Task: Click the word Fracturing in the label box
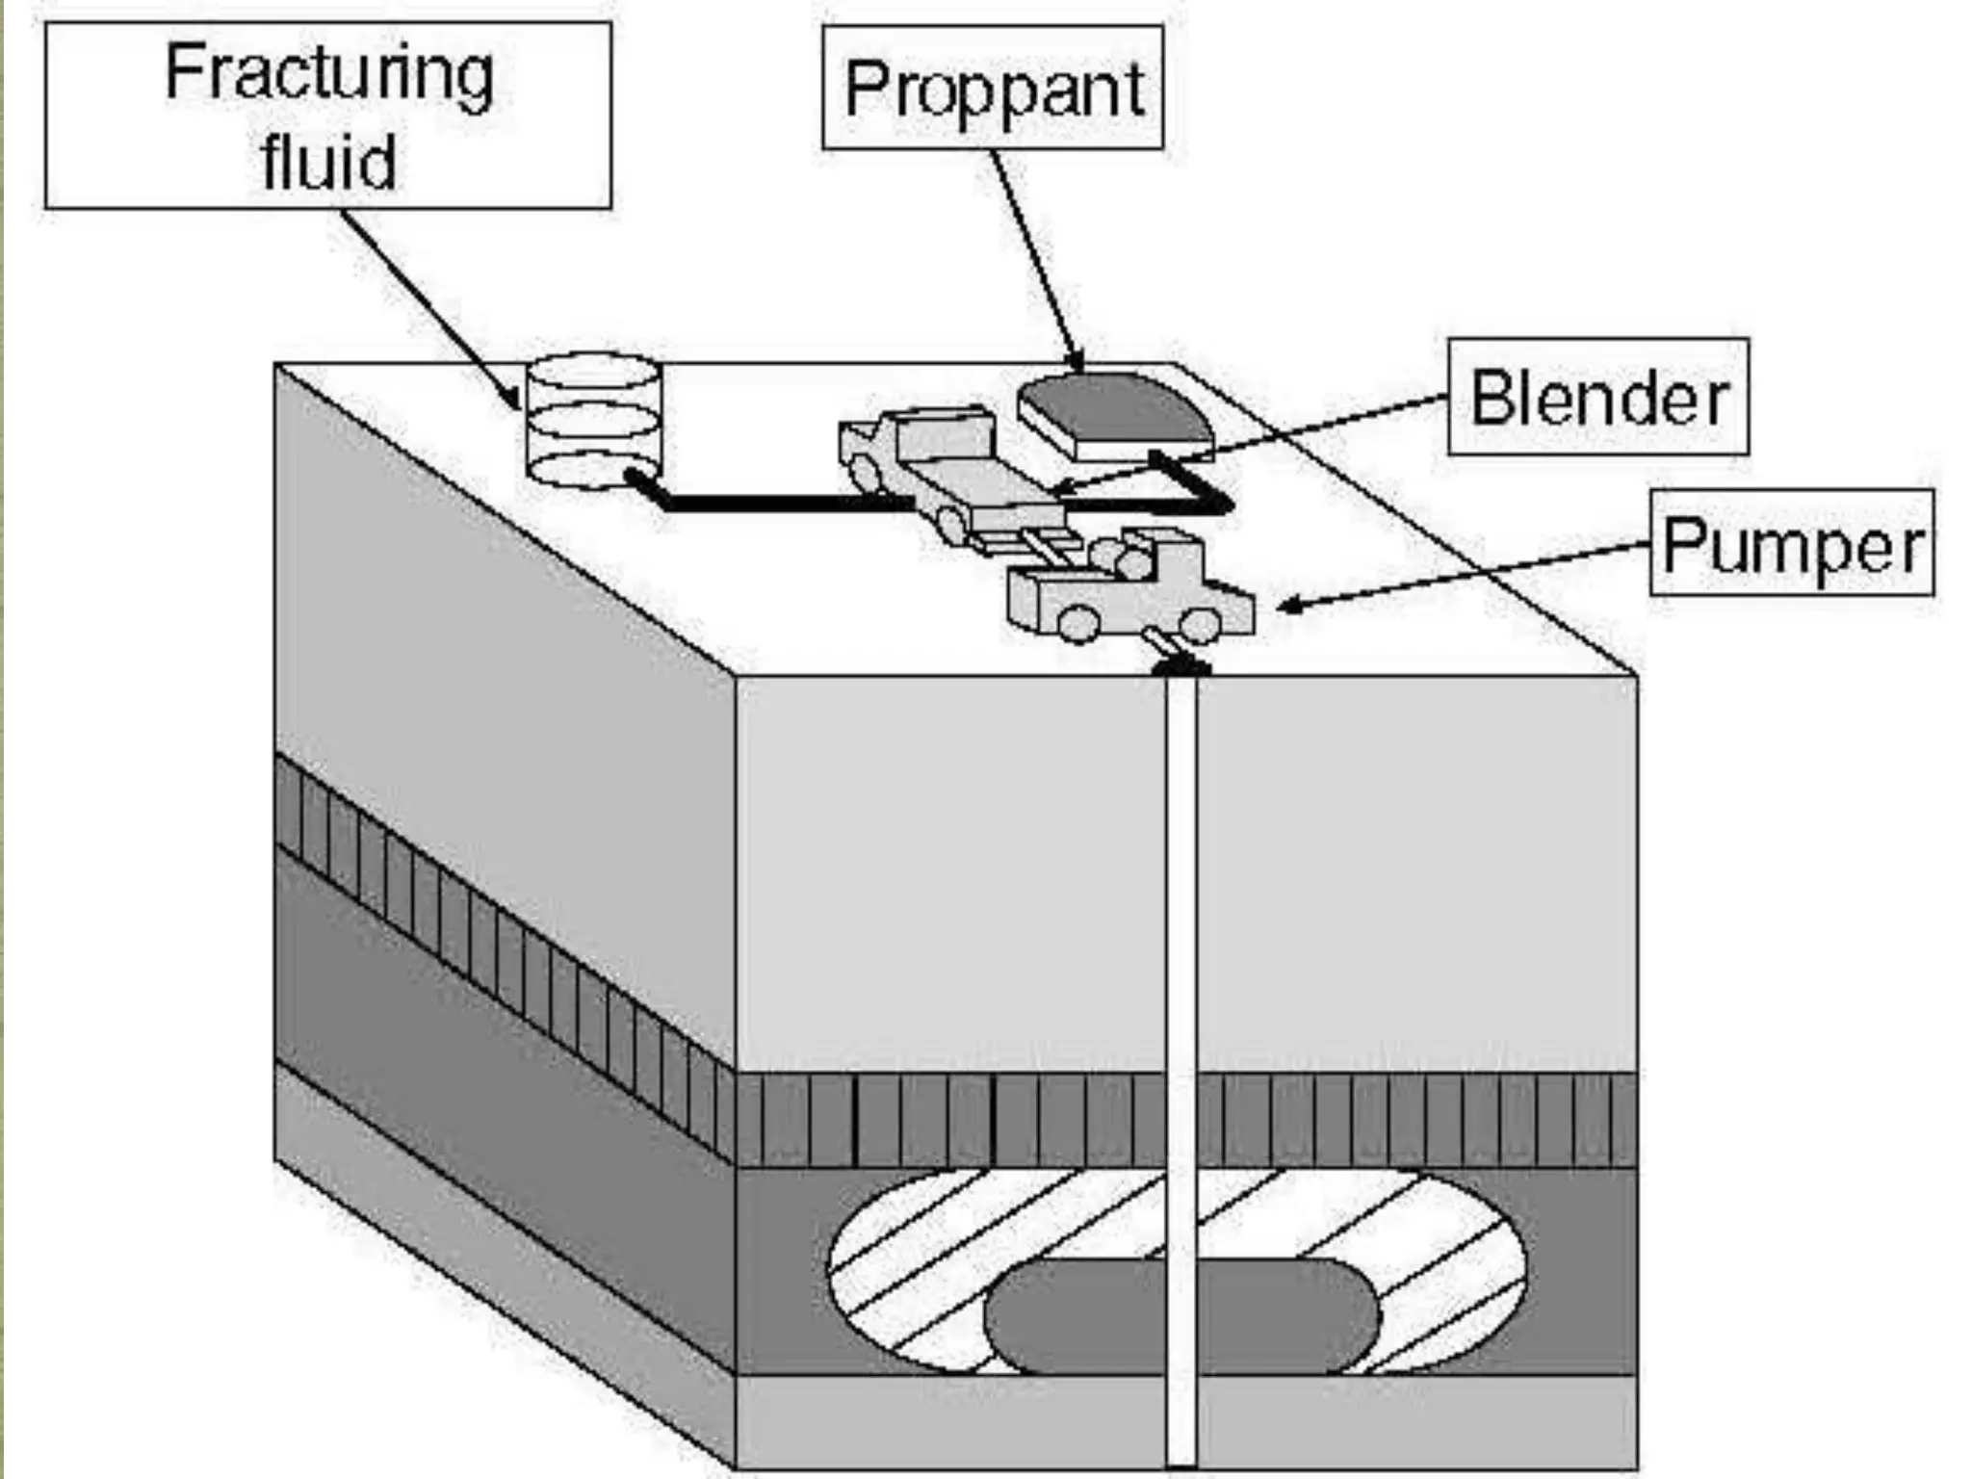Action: click(329, 74)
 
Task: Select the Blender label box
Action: click(1598, 397)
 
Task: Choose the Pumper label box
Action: click(1791, 545)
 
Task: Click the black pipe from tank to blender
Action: click(770, 503)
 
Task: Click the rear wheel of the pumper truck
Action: click(1077, 623)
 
